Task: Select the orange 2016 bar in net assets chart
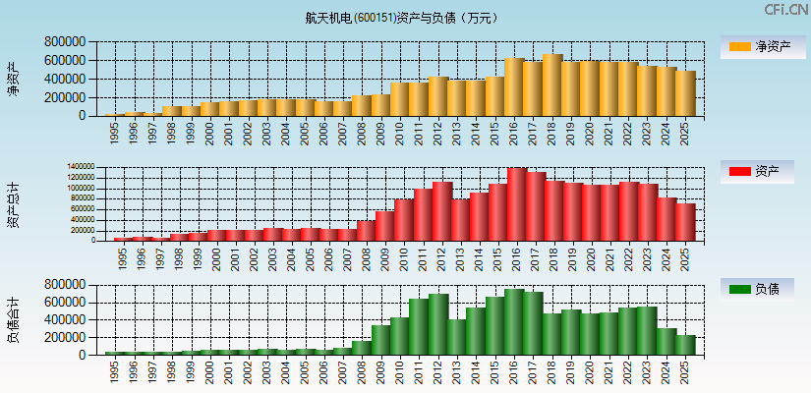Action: click(514, 87)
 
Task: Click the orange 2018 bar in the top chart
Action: click(551, 85)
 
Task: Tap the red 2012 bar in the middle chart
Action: click(440, 211)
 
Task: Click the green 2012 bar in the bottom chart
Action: click(439, 324)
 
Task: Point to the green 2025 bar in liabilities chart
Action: click(685, 345)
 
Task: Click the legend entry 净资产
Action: click(756, 46)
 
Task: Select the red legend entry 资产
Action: click(756, 172)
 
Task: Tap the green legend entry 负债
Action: click(756, 290)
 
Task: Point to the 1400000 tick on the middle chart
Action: click(82, 167)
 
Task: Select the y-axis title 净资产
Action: click(13, 79)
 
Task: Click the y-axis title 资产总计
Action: click(13, 203)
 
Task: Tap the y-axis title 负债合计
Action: click(13, 319)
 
